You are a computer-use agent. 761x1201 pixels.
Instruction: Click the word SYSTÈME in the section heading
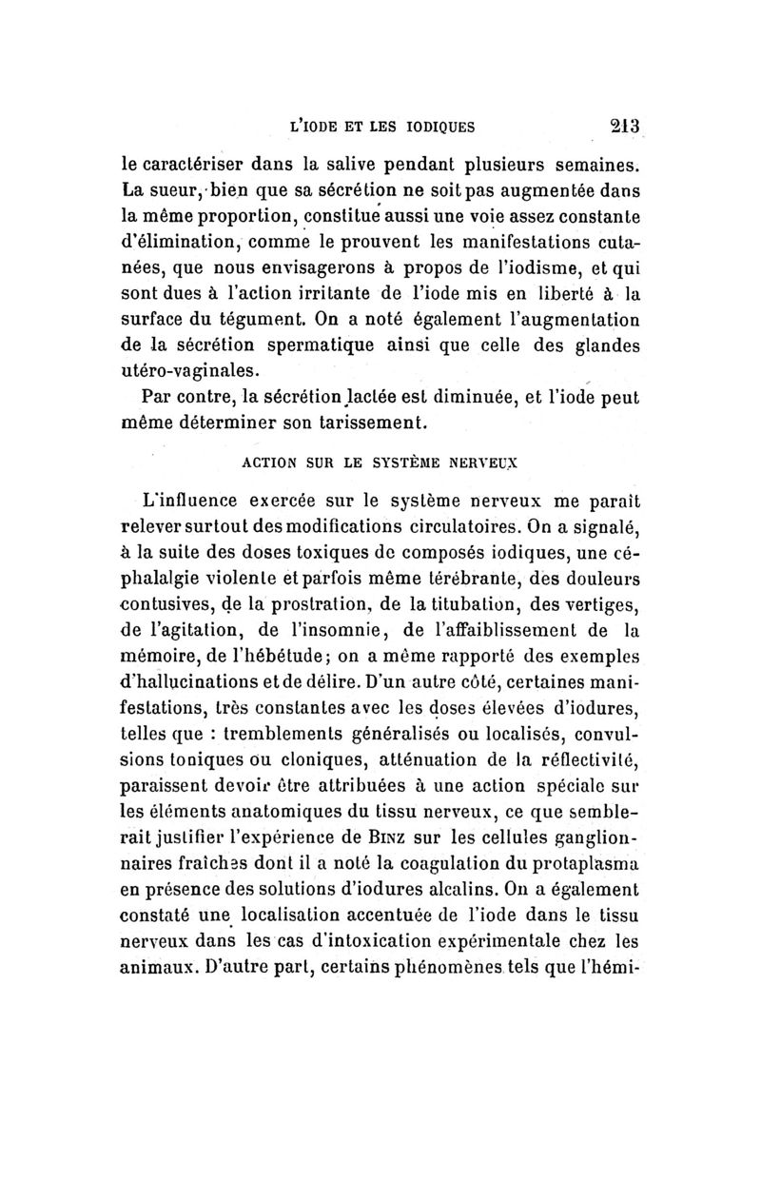coord(396,467)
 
